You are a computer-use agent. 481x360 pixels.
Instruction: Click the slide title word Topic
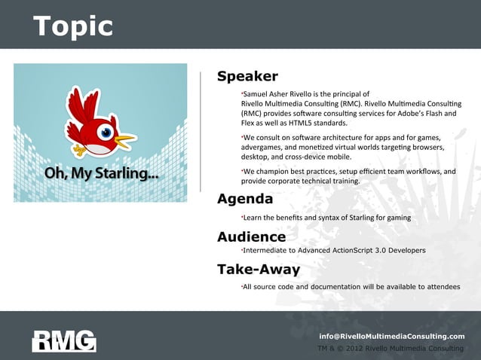[72, 26]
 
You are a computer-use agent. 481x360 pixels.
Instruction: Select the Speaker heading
[247, 77]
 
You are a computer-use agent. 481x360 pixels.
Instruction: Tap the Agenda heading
[245, 200]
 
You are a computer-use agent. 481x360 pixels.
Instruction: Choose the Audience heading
[251, 237]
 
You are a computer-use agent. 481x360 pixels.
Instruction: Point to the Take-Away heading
[259, 270]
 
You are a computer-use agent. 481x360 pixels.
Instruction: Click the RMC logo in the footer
[64, 341]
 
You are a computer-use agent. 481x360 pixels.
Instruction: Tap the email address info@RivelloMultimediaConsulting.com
[392, 336]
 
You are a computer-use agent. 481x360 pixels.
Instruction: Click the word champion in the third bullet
[273, 172]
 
